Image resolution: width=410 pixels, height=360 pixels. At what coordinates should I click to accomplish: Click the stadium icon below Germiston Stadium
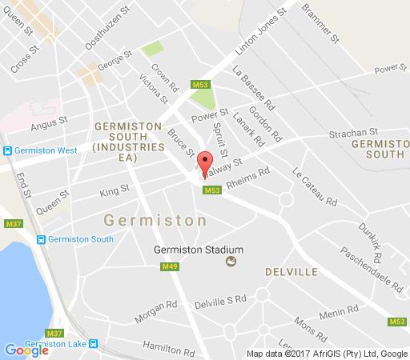(231, 261)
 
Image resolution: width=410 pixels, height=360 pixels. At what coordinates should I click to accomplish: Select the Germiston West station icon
(6, 150)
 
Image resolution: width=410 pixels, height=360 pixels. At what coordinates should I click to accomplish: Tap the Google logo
(26, 350)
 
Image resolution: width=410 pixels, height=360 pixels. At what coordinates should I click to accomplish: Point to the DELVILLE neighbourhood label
(291, 273)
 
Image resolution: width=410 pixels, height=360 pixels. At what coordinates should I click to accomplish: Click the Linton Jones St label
(260, 34)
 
